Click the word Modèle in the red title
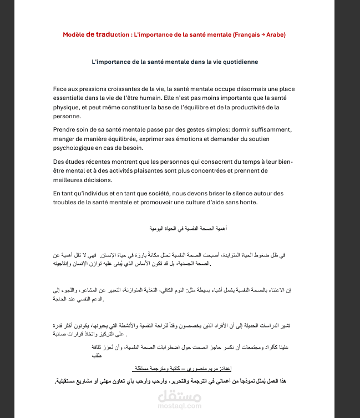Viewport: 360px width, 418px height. [x=73, y=34]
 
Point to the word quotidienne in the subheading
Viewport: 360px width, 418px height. [x=238, y=62]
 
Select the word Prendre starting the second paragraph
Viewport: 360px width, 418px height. [x=67, y=129]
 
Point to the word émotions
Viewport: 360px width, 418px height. [x=191, y=139]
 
